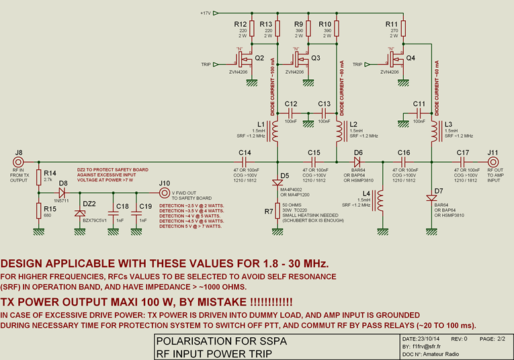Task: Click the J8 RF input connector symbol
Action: coord(19,162)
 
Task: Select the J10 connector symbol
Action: coord(164,193)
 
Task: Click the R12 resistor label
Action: coord(241,24)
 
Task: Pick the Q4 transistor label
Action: coord(411,58)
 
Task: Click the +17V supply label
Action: coord(206,13)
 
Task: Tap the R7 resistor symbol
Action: coord(277,210)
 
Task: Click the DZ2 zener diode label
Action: coord(89,203)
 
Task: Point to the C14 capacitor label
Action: coord(245,152)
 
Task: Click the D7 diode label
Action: coord(438,191)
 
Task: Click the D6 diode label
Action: coord(358,152)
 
